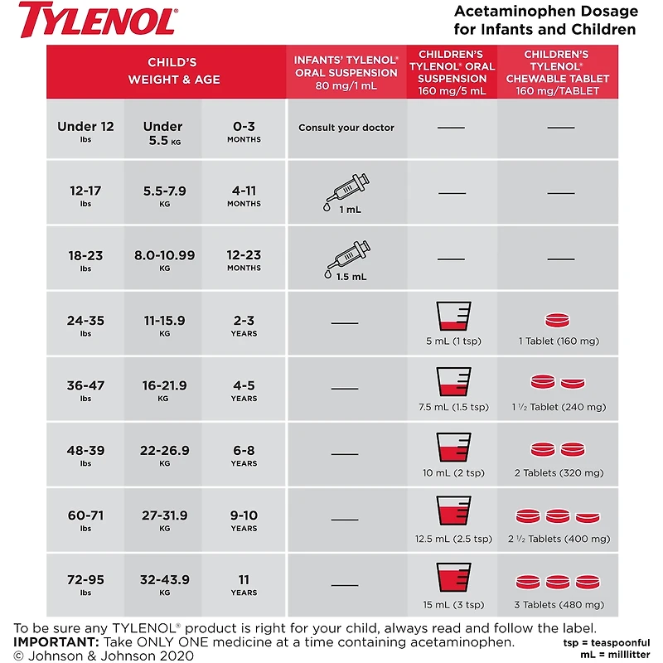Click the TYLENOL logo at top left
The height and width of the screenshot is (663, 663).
click(98, 18)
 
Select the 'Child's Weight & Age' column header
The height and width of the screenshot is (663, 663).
click(166, 71)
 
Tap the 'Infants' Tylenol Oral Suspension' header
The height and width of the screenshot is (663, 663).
click(346, 72)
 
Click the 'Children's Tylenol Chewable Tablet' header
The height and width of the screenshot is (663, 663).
click(560, 72)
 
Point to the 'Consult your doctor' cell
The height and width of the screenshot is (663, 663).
click(346, 128)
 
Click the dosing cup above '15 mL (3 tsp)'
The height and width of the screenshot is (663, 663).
click(452, 578)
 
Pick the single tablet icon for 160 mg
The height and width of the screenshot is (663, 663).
click(560, 321)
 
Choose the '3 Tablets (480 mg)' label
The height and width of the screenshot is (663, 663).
click(560, 603)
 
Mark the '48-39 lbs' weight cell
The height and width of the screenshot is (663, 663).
click(85, 456)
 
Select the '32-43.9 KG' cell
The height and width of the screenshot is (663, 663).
click(165, 585)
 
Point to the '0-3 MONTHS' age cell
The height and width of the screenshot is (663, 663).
click(244, 131)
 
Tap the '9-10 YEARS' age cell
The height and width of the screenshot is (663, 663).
click(244, 520)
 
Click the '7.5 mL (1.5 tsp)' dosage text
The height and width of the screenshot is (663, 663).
click(452, 407)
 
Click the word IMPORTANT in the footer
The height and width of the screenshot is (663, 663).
click(55, 642)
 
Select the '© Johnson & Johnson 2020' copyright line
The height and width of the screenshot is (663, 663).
click(104, 656)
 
